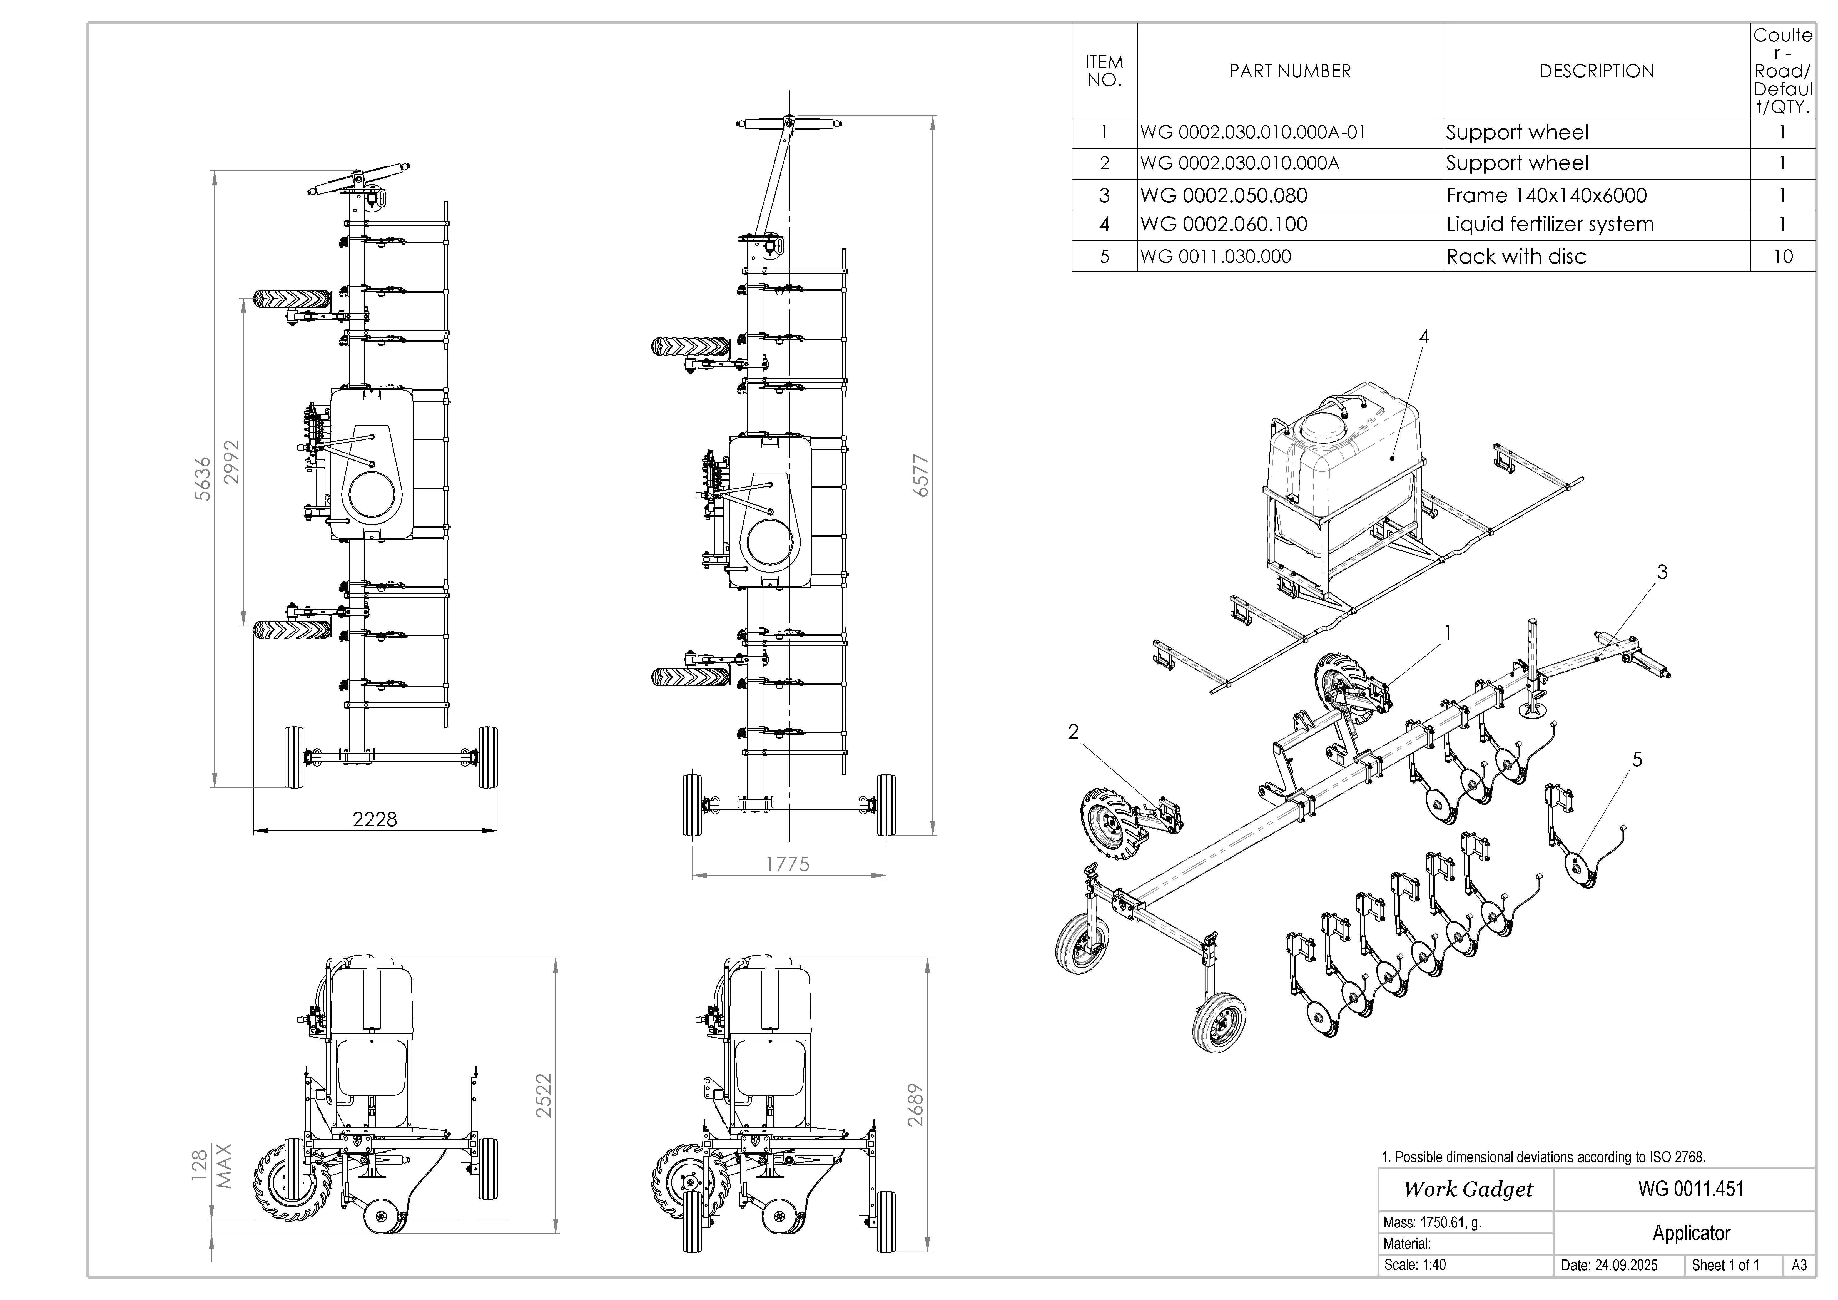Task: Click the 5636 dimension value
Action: (203, 479)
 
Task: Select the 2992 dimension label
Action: (232, 462)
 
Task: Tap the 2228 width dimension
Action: (375, 819)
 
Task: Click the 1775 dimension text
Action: (788, 864)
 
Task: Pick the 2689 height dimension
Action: (916, 1105)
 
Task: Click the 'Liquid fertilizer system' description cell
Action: (1550, 224)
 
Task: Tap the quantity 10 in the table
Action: (1783, 256)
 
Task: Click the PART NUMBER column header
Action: (1290, 71)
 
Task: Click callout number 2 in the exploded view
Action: (1074, 731)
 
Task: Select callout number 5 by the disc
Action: (1637, 759)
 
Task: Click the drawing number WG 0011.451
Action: (1691, 1189)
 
